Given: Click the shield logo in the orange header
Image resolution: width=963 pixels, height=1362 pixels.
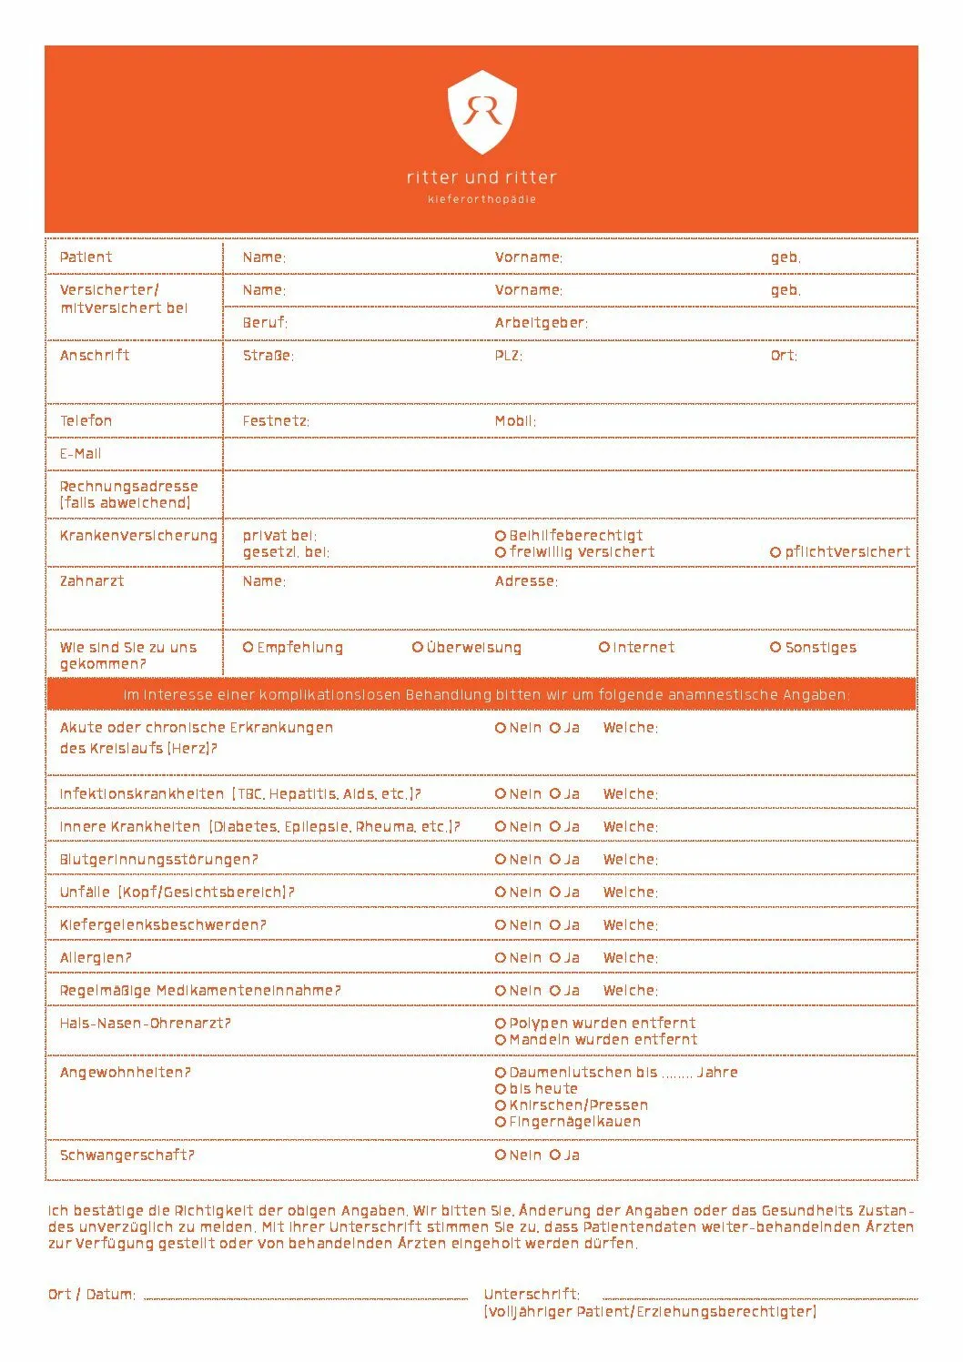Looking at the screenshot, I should [481, 112].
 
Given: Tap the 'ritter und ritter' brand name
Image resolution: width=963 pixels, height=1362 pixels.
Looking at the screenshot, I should [481, 177].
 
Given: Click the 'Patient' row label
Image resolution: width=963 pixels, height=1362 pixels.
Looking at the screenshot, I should [86, 257].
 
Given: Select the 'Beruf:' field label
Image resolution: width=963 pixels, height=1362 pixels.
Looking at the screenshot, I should [265, 323].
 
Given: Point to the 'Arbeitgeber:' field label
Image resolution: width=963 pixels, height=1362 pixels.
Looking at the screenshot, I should [541, 323].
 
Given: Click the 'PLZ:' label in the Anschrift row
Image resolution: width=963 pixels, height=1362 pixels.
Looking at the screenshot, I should [508, 356].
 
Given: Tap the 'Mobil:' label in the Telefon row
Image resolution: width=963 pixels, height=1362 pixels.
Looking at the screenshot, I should [515, 421].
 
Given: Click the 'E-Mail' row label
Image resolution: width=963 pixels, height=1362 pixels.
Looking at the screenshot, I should [80, 454].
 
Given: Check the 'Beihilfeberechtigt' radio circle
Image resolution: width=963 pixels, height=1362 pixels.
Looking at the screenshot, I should [501, 536].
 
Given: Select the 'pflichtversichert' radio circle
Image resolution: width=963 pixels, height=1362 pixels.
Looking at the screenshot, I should [775, 552].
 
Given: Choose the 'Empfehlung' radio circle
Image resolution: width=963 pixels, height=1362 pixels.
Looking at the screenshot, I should [248, 648].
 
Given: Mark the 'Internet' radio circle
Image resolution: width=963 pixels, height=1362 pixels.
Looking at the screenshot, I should [603, 648].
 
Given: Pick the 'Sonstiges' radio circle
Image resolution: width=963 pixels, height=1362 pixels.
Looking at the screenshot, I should [775, 648].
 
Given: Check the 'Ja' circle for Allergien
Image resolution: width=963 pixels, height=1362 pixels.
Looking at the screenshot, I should [555, 958].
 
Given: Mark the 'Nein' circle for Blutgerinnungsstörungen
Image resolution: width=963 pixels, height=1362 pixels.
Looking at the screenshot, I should [501, 860].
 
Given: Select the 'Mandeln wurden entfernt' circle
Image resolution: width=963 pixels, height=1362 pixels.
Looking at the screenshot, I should [501, 1040].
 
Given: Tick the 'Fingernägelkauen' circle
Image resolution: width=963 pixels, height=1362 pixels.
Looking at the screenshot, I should [501, 1122].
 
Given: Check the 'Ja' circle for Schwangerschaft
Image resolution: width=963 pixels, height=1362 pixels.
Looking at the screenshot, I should [555, 1155].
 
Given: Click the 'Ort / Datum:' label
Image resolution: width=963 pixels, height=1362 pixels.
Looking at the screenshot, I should [92, 1295].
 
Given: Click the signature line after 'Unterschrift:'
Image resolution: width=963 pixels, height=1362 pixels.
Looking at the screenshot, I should [760, 1297].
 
